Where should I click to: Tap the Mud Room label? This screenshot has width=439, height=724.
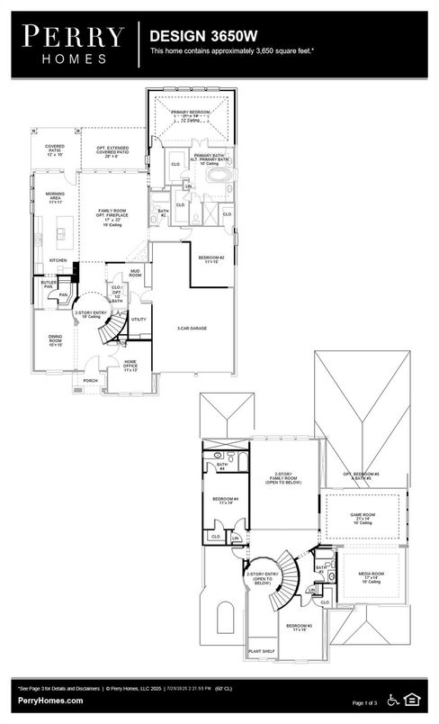[136, 274]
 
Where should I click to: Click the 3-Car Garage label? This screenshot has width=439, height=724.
[193, 329]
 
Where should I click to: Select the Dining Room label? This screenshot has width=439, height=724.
[56, 341]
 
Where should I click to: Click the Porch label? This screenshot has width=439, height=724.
[90, 381]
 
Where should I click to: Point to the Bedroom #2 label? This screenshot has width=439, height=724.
[211, 259]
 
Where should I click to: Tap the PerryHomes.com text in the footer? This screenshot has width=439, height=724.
[50, 700]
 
